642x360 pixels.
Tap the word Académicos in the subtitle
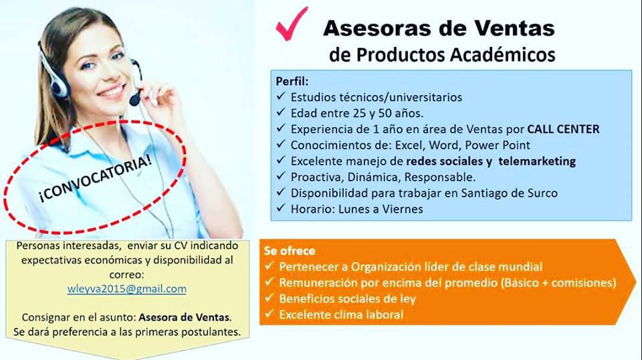[503, 54]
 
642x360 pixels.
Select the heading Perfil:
[292, 81]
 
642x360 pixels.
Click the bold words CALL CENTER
[563, 129]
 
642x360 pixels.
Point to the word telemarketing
[537, 161]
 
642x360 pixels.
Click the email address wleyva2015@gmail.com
[127, 289]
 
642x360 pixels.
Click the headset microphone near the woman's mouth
[134, 99]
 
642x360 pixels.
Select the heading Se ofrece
[290, 251]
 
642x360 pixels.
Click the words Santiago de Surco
[510, 193]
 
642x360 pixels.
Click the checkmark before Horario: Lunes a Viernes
[280, 208]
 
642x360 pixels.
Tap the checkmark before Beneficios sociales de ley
[269, 298]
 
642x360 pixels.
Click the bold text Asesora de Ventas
[185, 317]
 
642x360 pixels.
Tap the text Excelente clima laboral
[341, 314]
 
